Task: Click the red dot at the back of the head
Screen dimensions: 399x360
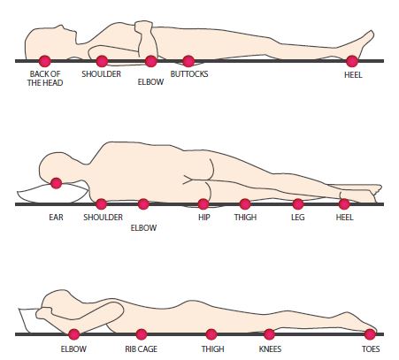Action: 45,61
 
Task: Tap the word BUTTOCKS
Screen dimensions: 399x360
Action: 189,73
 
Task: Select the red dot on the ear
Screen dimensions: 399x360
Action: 56,183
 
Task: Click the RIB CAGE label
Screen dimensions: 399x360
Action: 141,349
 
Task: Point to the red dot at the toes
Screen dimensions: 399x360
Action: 370,334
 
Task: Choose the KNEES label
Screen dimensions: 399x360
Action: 270,349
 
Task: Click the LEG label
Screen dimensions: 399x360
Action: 297,218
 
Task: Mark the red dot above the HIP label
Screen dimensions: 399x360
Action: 203,204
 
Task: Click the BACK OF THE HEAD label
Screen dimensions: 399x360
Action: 45,78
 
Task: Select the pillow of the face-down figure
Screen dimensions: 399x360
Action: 28,320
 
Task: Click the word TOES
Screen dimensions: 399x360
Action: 371,349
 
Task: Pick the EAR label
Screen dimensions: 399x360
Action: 56,218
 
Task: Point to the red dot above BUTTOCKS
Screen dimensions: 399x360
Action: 188,61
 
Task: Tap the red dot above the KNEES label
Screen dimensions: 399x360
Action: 269,334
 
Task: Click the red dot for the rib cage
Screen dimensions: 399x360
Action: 142,334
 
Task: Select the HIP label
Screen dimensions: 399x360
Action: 204,218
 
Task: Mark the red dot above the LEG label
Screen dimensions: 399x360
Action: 298,204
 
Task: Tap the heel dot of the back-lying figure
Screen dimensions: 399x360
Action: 352,61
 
